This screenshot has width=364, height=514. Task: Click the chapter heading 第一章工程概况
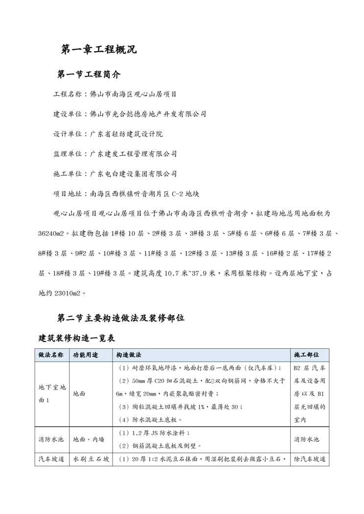coord(99,49)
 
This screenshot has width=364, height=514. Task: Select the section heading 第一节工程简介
coord(89,75)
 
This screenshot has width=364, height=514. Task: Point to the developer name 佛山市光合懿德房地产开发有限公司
coord(148,114)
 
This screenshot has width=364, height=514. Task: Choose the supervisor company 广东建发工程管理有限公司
coord(134,154)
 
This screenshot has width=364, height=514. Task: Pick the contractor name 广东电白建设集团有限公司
coord(134,174)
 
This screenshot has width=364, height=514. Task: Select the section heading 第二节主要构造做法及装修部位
coord(121,318)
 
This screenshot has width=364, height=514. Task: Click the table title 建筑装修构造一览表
coord(77,338)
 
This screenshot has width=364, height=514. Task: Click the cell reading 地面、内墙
coord(89,439)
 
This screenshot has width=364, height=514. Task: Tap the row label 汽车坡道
coord(51,460)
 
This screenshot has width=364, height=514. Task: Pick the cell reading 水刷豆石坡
coord(91,460)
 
